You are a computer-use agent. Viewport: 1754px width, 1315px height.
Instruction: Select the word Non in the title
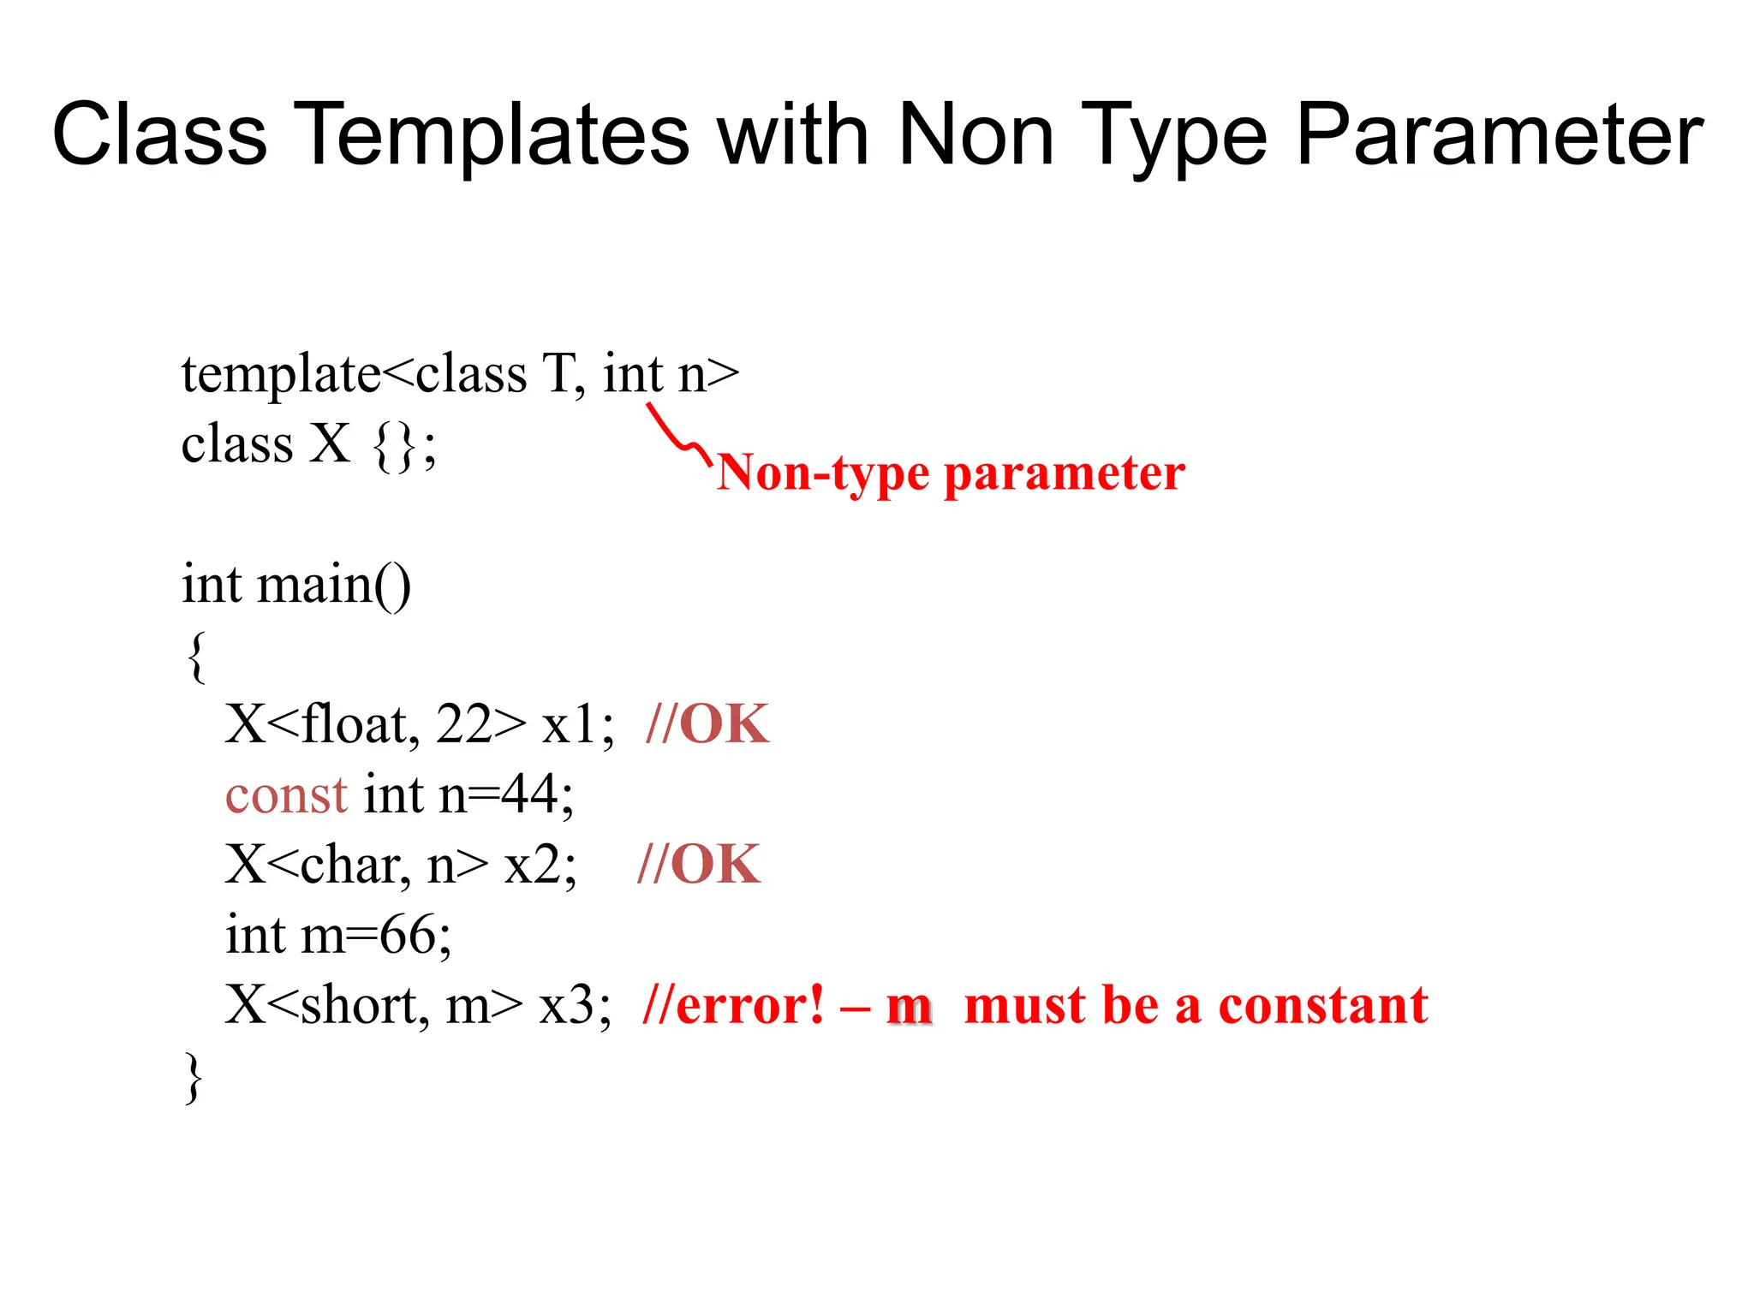pos(975,135)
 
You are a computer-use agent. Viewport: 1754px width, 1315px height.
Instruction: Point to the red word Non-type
pos(823,473)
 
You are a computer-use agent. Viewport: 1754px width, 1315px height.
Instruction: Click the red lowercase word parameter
pos(1065,473)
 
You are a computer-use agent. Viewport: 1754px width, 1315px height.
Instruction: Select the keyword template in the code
pos(281,375)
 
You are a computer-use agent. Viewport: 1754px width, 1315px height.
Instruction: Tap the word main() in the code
pos(334,586)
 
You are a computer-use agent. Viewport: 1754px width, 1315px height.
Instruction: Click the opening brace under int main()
pos(196,657)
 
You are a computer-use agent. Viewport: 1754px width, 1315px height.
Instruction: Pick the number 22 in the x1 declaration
pos(463,725)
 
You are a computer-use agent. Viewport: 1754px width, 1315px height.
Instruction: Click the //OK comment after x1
pos(707,725)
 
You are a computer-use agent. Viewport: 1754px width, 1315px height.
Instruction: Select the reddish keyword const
pos(286,795)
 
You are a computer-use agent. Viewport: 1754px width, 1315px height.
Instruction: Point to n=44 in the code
pos(505,795)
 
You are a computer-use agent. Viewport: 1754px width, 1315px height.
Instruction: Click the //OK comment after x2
pos(699,865)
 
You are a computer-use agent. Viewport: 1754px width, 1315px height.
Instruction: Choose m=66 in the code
pos(376,935)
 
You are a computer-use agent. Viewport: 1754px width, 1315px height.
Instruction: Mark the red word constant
pos(1322,1005)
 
